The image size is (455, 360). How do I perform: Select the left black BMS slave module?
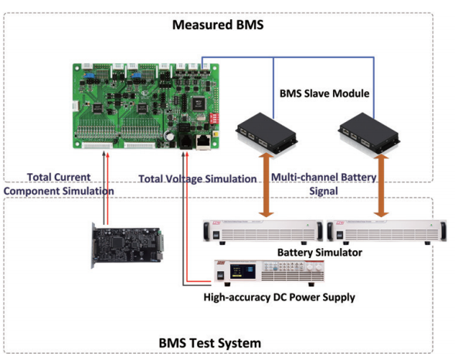267,132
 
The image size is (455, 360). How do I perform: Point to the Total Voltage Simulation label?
198,178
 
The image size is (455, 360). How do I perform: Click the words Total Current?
59,176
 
